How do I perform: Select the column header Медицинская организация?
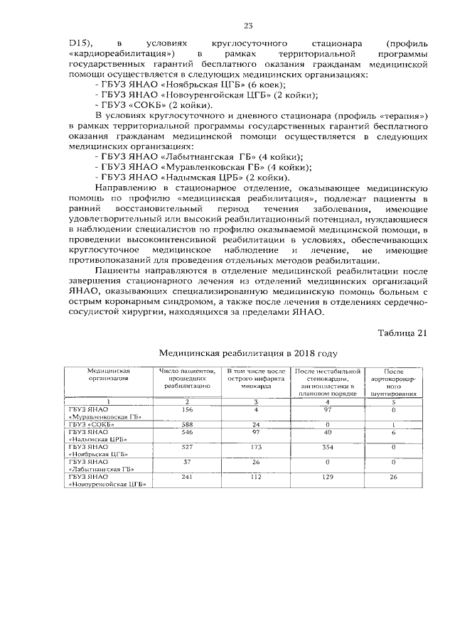click(107, 374)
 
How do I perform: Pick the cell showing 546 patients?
click(187, 433)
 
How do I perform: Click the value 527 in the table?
click(187, 448)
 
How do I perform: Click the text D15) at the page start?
click(81, 43)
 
